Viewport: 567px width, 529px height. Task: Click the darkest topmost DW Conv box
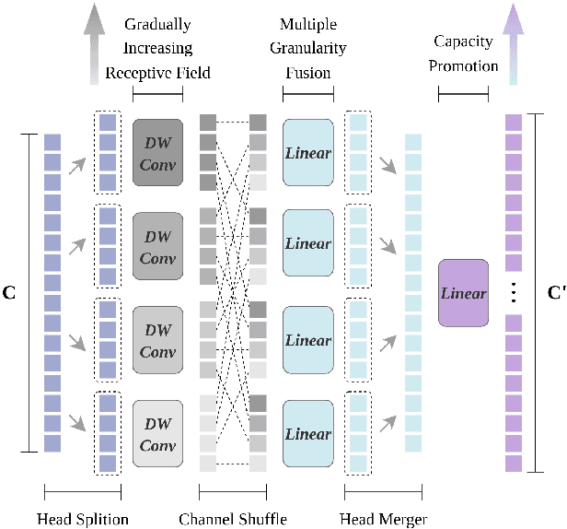[158, 151]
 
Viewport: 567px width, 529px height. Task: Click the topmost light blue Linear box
[307, 151]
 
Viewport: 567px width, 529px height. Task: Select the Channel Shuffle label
[233, 518]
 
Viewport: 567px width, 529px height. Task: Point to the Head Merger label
[383, 518]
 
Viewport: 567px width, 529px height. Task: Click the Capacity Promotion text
[465, 54]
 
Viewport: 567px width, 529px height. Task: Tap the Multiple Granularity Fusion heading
[308, 47]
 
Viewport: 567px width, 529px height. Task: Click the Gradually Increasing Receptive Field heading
[157, 47]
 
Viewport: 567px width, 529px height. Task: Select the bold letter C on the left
[11, 292]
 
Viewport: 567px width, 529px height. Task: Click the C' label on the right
[555, 292]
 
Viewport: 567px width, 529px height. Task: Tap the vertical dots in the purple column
[513, 293]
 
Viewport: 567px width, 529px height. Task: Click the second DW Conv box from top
[158, 245]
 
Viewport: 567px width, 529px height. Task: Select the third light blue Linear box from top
[307, 340]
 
